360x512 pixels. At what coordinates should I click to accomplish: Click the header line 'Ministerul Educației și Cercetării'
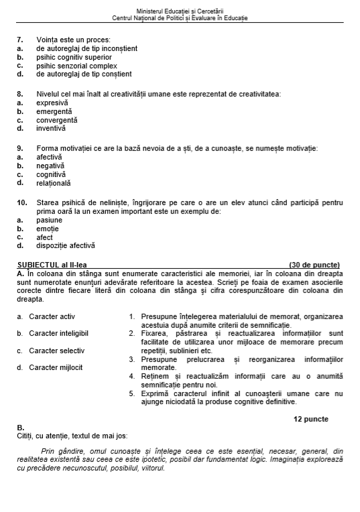tap(180, 11)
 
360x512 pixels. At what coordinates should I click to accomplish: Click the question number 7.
tap(19, 40)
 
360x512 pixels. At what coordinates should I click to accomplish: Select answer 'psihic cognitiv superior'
tap(74, 57)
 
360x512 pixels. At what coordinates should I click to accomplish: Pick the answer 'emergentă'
tap(54, 111)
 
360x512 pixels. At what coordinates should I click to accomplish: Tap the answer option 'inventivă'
tap(51, 128)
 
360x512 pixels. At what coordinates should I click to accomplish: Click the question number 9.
tap(19, 147)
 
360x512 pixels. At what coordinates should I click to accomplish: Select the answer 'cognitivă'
tap(51, 174)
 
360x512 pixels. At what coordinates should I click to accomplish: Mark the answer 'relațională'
tap(53, 183)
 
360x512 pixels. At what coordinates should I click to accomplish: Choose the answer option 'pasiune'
tap(49, 220)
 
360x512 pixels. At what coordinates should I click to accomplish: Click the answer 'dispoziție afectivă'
tap(66, 245)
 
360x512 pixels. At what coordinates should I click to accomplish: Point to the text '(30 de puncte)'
tap(314, 265)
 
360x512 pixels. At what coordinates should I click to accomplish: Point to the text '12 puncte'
tap(310, 419)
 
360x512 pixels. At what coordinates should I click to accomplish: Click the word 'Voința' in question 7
tap(48, 40)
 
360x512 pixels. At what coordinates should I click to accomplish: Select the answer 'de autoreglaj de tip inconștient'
tap(86, 48)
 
